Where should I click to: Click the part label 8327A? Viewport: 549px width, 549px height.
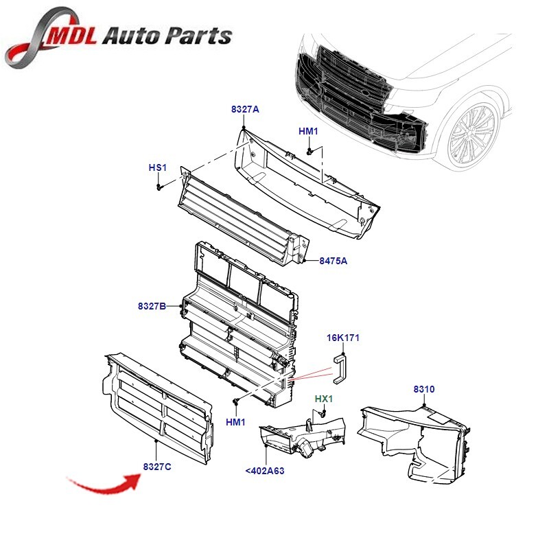point(245,110)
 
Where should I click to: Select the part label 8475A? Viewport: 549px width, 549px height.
point(334,261)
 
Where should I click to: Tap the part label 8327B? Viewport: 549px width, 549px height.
point(152,306)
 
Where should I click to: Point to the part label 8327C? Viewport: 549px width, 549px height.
point(157,467)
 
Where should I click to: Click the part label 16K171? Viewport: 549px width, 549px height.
point(343,338)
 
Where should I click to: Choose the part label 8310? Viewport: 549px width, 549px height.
point(423,390)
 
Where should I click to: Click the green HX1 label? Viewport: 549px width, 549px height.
point(323,399)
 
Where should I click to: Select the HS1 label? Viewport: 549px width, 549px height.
point(158,167)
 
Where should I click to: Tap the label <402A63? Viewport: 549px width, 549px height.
point(264,471)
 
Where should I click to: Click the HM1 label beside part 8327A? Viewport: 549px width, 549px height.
point(308,131)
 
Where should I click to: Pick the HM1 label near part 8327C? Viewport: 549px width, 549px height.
point(235,422)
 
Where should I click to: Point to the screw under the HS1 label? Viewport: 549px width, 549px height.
point(159,186)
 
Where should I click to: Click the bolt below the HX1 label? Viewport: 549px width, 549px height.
point(323,414)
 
